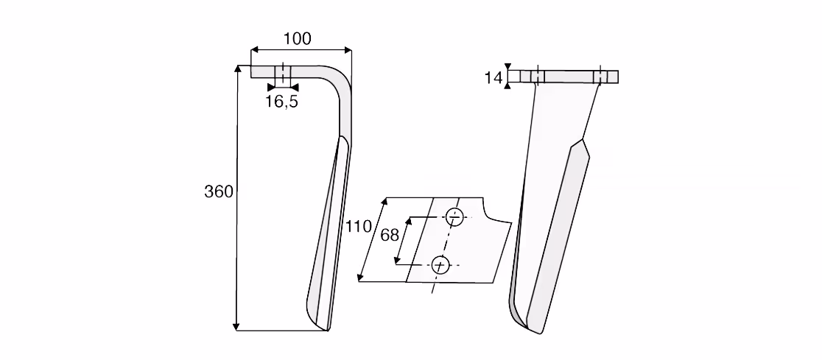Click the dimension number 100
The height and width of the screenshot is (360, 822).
[x=298, y=39]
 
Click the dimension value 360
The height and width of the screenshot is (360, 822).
[x=219, y=192]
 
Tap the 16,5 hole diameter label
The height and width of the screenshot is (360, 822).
[x=281, y=102]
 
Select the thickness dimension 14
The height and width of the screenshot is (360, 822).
[x=493, y=78]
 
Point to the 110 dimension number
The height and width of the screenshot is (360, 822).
[x=359, y=226]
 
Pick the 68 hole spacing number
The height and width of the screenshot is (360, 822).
[x=390, y=236]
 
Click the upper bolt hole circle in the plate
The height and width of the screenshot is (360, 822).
[x=455, y=217]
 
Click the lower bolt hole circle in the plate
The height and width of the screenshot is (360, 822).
[x=440, y=265]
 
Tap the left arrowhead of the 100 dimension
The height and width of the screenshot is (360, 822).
[x=254, y=50]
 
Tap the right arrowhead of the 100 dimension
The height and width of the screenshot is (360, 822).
[x=348, y=50]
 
